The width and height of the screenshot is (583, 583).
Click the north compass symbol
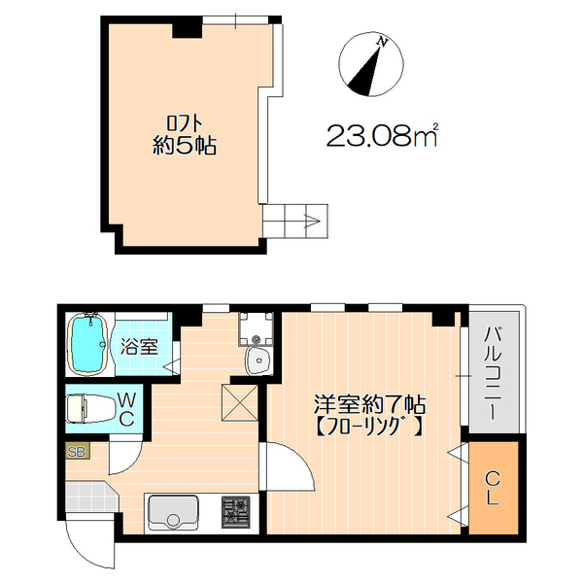[x=369, y=66]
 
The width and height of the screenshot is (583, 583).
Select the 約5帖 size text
[x=185, y=148]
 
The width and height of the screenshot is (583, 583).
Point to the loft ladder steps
[x=296, y=220]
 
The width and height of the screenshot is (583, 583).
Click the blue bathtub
[x=88, y=346]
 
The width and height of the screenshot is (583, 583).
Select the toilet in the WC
[x=86, y=408]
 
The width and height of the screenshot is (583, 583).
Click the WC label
[x=127, y=409]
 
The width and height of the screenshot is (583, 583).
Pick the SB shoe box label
[x=75, y=451]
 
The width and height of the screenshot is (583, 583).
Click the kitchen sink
[x=172, y=511]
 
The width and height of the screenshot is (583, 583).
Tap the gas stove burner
[x=236, y=511]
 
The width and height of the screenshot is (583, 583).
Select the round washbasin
[x=258, y=361]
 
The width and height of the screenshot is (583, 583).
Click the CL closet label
[x=493, y=488]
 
